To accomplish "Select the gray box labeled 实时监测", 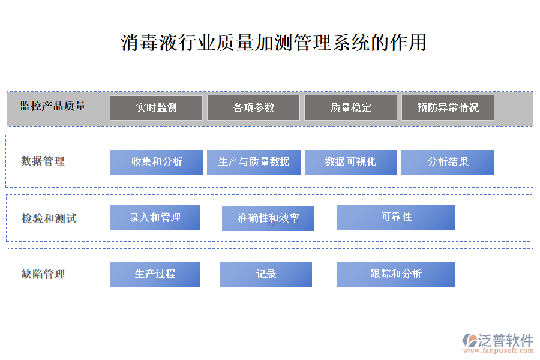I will pyautogui.click(x=156, y=108).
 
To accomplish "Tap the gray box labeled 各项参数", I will pyautogui.click(x=253, y=108).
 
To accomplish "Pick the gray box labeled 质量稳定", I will pyautogui.click(x=350, y=108).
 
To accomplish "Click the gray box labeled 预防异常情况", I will pyautogui.click(x=448, y=108).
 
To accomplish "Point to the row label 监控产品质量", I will pyautogui.click(x=53, y=106).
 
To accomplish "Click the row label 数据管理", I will pyautogui.click(x=43, y=161).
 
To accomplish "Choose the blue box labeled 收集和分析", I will pyautogui.click(x=157, y=162).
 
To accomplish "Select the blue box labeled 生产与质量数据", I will pyautogui.click(x=254, y=162).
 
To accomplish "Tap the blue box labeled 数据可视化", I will pyautogui.click(x=350, y=162).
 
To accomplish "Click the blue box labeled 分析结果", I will pyautogui.click(x=448, y=162).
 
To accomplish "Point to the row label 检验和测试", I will pyautogui.click(x=49, y=218).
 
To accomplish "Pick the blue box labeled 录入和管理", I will pyautogui.click(x=155, y=218).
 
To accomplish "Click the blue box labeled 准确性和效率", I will pyautogui.click(x=268, y=218).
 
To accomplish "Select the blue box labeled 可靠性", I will pyautogui.click(x=396, y=217).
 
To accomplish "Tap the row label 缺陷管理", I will pyautogui.click(x=43, y=275).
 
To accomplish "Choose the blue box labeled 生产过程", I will pyautogui.click(x=155, y=274).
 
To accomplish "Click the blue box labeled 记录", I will pyautogui.click(x=266, y=274).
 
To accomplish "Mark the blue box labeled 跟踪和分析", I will pyautogui.click(x=396, y=274).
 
